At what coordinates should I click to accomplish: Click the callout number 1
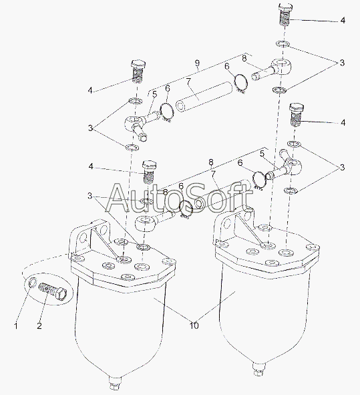coord(16,325)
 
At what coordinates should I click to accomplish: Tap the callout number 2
coord(39,325)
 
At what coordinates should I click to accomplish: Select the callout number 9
coord(197,63)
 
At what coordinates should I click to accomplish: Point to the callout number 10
coord(194,325)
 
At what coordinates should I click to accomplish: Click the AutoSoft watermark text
coord(179,198)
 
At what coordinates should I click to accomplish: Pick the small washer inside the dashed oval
coord(33,281)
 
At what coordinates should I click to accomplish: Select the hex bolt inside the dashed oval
coord(53,291)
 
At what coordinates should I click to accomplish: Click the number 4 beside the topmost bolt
coord(343,20)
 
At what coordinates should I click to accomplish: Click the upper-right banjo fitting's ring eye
coord(282,65)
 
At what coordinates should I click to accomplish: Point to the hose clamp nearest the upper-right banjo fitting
coord(241,83)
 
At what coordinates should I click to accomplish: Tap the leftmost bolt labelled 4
coord(138,72)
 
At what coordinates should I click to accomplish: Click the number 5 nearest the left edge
coord(154,94)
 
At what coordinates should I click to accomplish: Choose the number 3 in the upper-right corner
coord(342,63)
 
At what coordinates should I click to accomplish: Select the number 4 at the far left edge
coord(90,90)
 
